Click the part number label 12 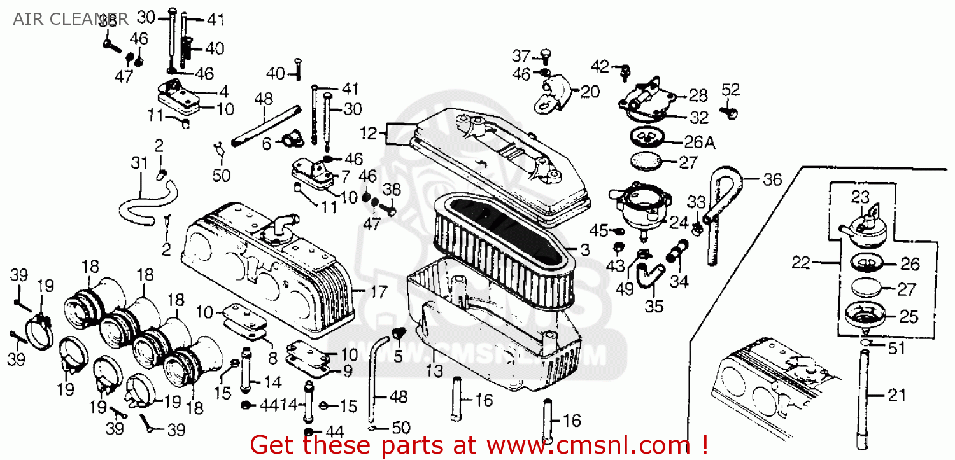(369, 133)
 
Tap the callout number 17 (378, 293)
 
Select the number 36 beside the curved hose (772, 179)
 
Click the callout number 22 (802, 261)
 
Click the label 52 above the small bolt (730, 90)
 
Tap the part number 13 (435, 371)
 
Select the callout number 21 (896, 396)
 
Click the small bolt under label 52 (730, 113)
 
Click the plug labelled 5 (399, 333)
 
